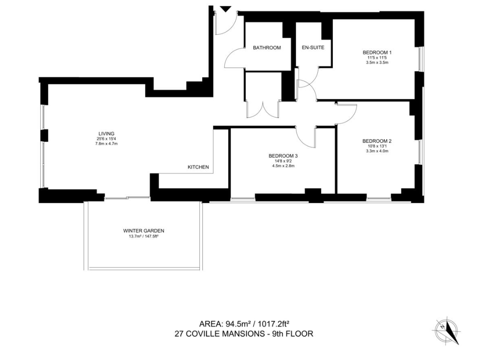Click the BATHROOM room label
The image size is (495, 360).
[x=267, y=48]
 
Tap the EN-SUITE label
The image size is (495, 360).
[x=313, y=48]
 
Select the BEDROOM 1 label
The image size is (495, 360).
[x=377, y=53]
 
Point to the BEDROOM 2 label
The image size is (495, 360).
[x=377, y=141]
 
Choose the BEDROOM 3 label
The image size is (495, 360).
[x=283, y=156]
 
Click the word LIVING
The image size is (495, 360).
[x=106, y=134]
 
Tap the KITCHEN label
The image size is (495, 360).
[x=198, y=167]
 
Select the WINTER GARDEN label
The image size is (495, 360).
[x=144, y=231]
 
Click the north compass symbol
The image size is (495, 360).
[x=447, y=331]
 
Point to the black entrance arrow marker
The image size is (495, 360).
[x=225, y=9]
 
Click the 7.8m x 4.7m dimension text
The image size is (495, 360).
[x=106, y=144]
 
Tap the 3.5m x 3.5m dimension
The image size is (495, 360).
[x=377, y=63]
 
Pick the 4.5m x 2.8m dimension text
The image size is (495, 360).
[x=283, y=166]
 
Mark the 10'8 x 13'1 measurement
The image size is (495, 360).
[x=377, y=146]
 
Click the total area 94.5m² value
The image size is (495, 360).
[x=238, y=324]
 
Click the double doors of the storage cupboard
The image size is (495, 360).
[x=263, y=109]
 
